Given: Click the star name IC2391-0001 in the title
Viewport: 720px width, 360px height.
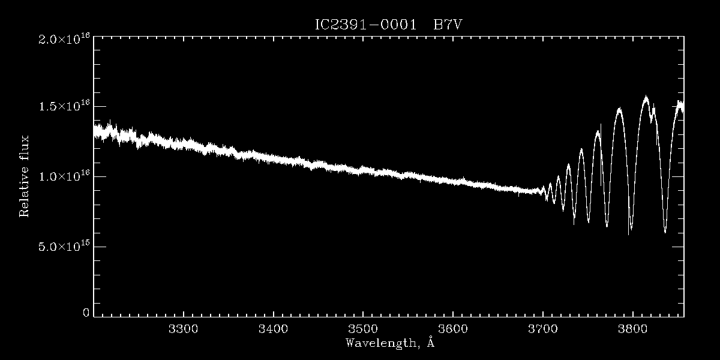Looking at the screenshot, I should [366, 25].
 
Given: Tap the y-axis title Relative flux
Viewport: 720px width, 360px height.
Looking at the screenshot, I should [25, 176].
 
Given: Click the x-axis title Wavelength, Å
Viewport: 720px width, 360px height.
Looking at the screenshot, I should [389, 343].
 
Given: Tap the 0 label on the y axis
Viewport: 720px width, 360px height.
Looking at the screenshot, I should [86, 313].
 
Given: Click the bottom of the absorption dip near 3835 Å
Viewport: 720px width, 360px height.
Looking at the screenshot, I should [665, 232].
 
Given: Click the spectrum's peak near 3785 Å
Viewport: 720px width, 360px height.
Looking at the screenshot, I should [619, 109].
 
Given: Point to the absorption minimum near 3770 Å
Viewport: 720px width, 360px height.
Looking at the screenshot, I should [607, 226].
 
